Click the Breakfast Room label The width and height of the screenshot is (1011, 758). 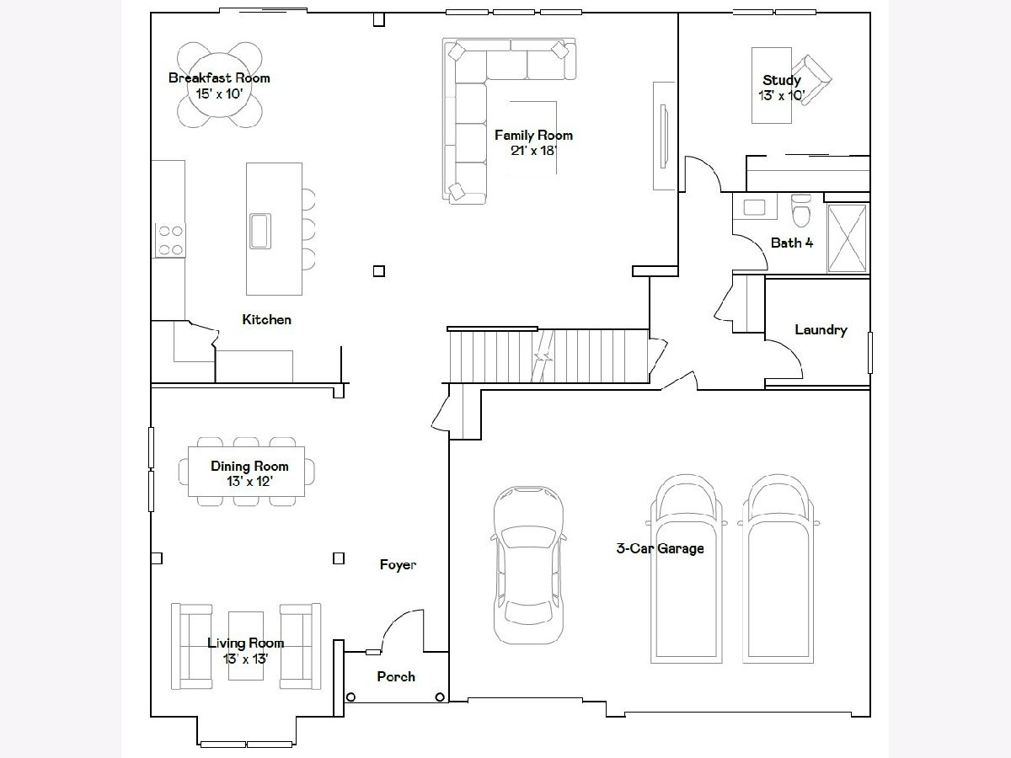pos(219,78)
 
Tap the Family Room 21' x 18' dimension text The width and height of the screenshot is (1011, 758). pos(534,151)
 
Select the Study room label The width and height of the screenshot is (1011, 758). pos(782,81)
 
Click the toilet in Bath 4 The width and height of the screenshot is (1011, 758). pos(801,211)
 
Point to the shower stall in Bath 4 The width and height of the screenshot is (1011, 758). pos(847,238)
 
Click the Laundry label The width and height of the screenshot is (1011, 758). pos(821,330)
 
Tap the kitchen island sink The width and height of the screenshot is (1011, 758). pos(260,231)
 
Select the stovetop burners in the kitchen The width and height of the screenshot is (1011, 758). pos(170,240)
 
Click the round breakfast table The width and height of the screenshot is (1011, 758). pos(220,85)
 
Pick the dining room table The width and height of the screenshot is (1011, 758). pos(246,472)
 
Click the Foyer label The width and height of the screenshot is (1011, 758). pos(398,565)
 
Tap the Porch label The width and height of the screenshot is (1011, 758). pos(396,676)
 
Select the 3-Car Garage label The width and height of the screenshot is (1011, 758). pos(660,548)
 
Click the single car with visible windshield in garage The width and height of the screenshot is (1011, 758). pos(528,564)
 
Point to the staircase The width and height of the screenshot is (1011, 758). pos(548,355)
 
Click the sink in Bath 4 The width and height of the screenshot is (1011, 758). pos(754,207)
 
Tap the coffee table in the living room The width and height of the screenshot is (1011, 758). pos(246,646)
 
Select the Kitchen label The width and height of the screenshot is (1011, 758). pos(267,320)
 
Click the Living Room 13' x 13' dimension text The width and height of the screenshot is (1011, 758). pos(245,659)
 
